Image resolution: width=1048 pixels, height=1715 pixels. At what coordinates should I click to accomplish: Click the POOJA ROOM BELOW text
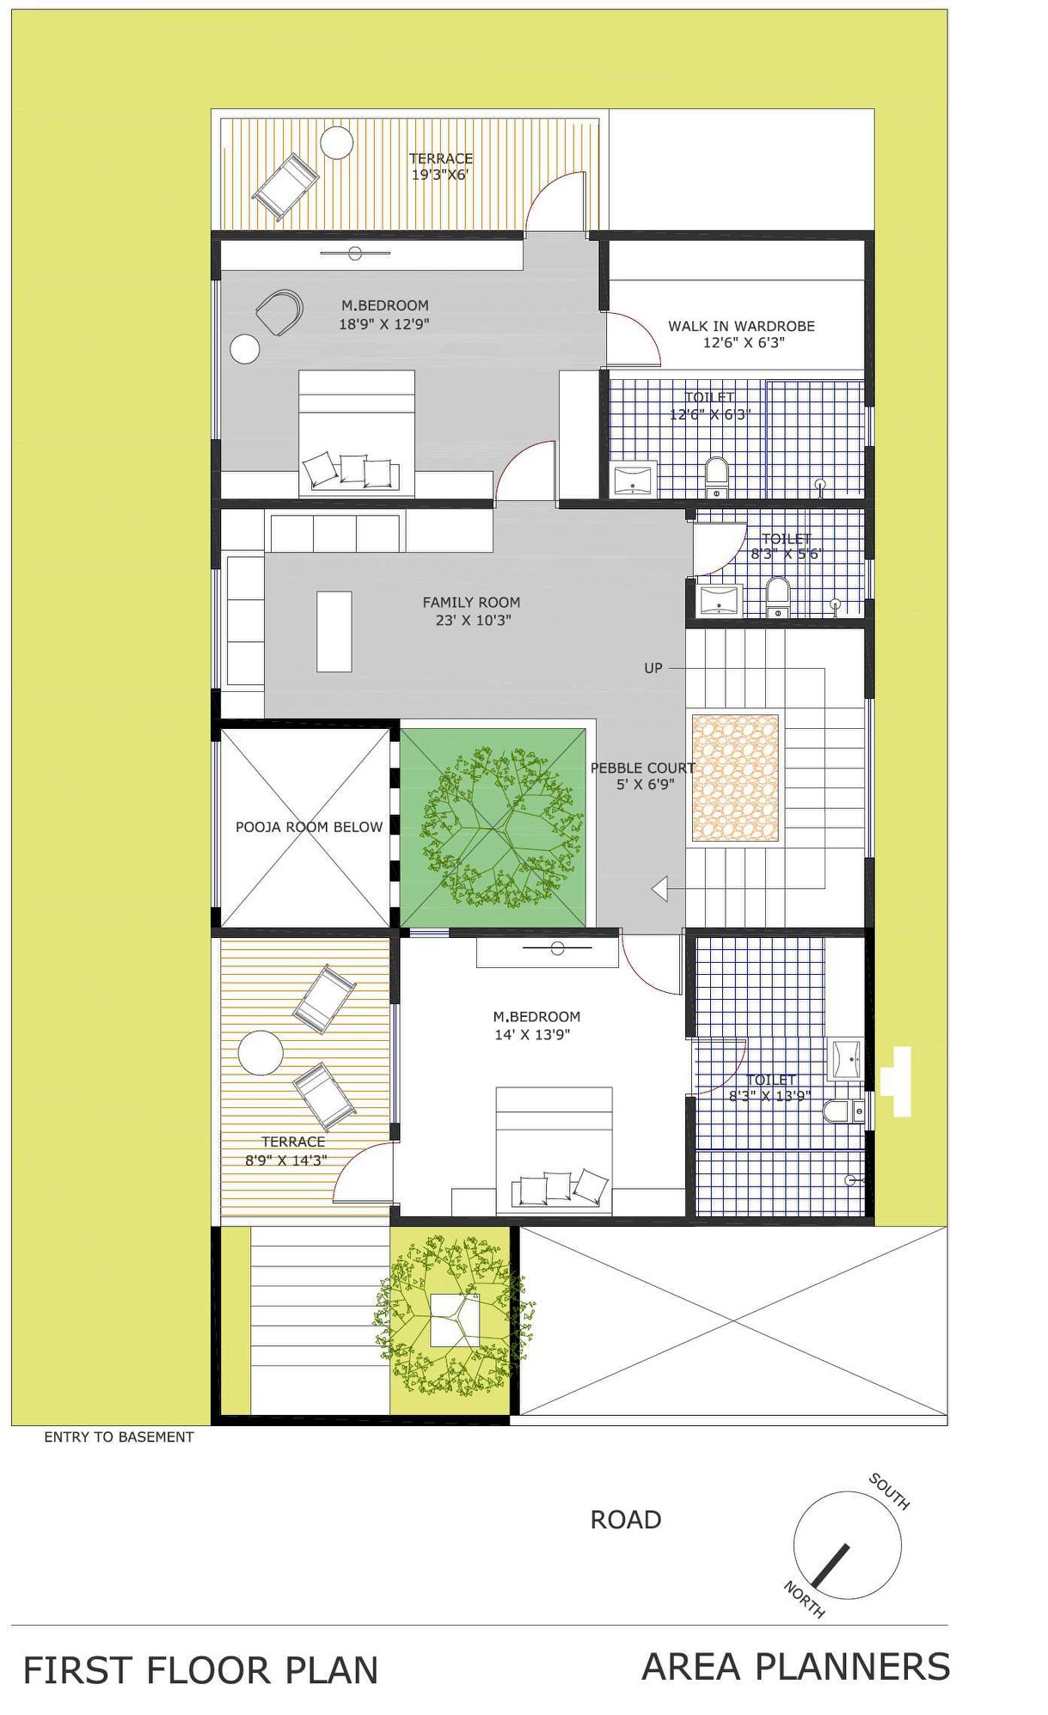(309, 827)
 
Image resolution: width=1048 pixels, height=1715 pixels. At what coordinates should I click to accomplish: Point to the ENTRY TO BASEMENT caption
(119, 1436)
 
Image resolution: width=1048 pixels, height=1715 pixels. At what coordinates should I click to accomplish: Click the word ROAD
(625, 1520)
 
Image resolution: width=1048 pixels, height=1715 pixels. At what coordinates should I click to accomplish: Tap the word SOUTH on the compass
(889, 1491)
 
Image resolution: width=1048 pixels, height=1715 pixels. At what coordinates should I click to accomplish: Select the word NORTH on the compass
(805, 1600)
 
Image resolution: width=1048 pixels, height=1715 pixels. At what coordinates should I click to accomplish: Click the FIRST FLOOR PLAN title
(200, 1670)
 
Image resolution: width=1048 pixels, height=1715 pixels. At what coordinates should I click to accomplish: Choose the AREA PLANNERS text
(796, 1667)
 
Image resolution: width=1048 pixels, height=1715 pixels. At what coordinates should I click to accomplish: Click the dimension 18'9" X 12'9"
(383, 324)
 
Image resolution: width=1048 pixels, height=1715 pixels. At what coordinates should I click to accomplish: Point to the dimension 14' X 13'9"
(532, 1035)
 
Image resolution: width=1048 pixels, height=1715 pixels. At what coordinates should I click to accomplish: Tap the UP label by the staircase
(653, 668)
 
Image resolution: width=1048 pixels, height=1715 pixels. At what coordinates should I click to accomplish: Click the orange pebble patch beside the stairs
(735, 778)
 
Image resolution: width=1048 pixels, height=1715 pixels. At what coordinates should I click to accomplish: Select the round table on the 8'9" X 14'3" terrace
(260, 1052)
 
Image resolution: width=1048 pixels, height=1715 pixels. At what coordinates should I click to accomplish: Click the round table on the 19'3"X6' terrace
(336, 143)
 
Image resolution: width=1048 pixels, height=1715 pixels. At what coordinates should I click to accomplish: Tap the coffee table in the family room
(334, 631)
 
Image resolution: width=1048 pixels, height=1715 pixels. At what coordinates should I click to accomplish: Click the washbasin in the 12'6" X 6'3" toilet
(634, 479)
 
